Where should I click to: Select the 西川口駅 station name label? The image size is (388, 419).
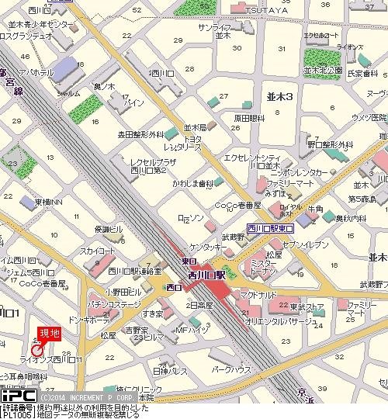(x=206, y=274)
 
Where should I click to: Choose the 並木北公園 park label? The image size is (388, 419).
(x=326, y=70)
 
